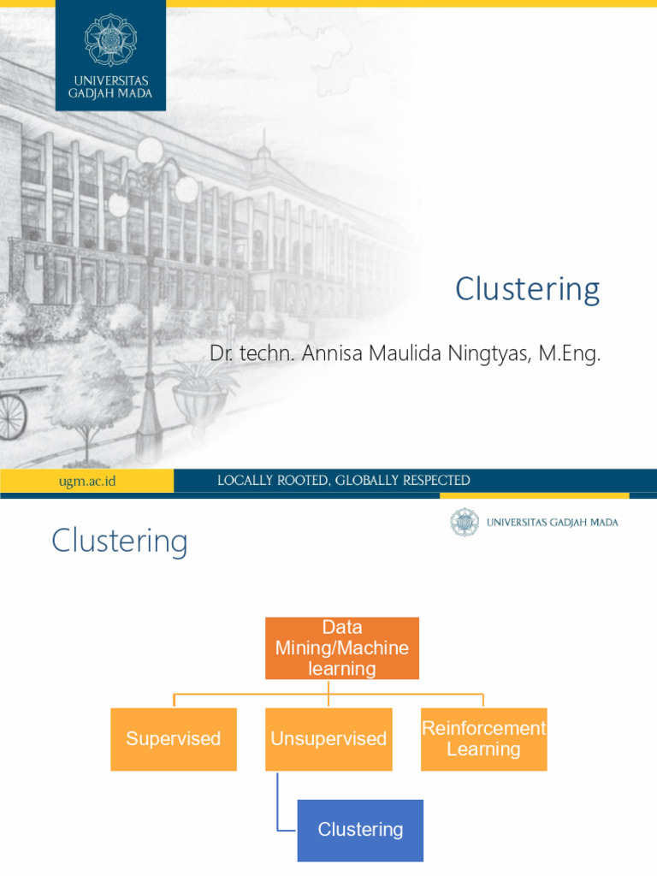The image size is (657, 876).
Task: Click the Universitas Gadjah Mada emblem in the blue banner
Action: [x=110, y=40]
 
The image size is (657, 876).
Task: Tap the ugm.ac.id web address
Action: [x=87, y=481]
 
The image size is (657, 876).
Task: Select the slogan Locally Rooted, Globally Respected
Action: [x=344, y=481]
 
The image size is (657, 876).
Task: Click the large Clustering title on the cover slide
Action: [x=527, y=289]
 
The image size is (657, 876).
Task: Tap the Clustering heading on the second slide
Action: [x=120, y=542]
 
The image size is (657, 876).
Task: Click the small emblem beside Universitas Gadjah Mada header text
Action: [x=465, y=523]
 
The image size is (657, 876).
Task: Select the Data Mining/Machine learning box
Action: [x=342, y=648]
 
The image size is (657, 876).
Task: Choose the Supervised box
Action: [x=174, y=739]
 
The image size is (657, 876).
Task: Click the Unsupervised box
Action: [x=328, y=739]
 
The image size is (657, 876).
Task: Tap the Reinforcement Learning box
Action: [x=484, y=739]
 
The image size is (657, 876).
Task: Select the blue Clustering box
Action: [x=360, y=830]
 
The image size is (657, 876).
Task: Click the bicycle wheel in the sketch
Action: [x=12, y=417]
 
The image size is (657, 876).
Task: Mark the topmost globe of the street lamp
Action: [x=150, y=150]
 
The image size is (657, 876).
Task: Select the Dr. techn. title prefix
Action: [x=252, y=353]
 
